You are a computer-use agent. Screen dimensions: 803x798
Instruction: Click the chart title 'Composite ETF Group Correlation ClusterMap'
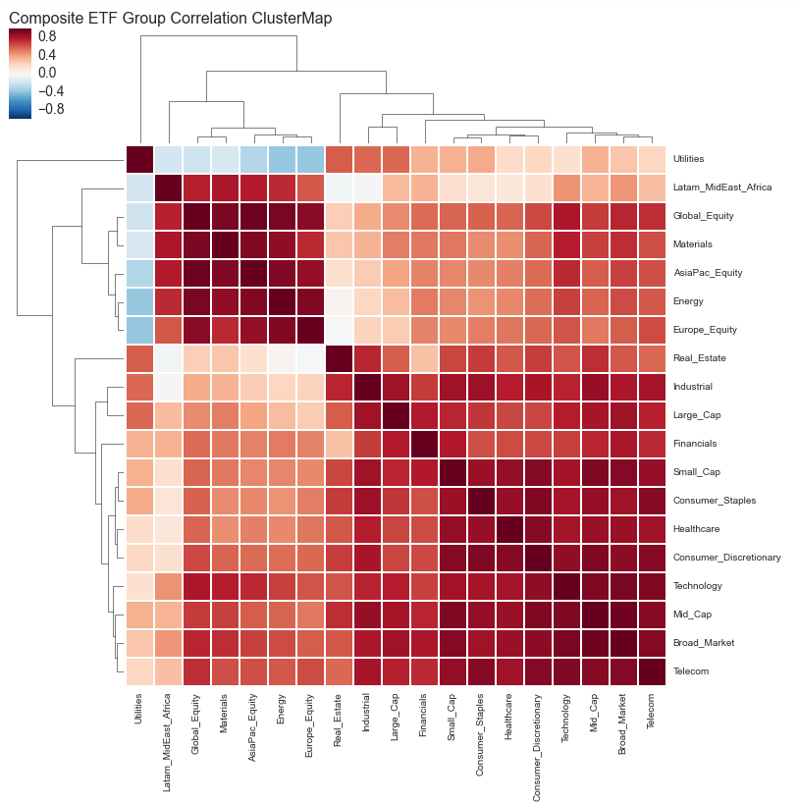170,19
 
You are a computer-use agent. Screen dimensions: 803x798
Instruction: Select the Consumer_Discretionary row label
727,558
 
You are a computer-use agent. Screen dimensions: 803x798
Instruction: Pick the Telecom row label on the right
690,671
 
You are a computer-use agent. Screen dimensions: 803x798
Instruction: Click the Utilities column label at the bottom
140,708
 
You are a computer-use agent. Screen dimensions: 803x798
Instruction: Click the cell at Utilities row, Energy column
283,159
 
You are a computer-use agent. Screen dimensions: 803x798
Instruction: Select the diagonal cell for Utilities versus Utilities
140,159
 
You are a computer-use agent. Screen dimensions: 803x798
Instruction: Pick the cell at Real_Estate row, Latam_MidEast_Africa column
169,358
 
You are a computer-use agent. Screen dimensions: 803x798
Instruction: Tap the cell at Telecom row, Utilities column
140,671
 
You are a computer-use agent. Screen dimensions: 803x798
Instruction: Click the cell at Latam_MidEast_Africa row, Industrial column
368,187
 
